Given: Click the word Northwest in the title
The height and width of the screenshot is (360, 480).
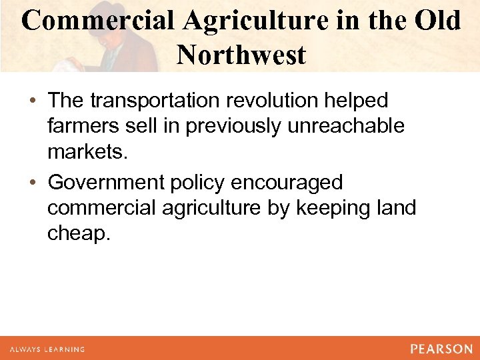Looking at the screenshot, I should click(x=241, y=55).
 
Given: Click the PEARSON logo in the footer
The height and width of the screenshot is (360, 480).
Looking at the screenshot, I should click(x=441, y=349).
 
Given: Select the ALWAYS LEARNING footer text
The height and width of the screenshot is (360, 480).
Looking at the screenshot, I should click(x=47, y=349).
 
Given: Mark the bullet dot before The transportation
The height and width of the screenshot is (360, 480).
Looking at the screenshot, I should click(x=33, y=101).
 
